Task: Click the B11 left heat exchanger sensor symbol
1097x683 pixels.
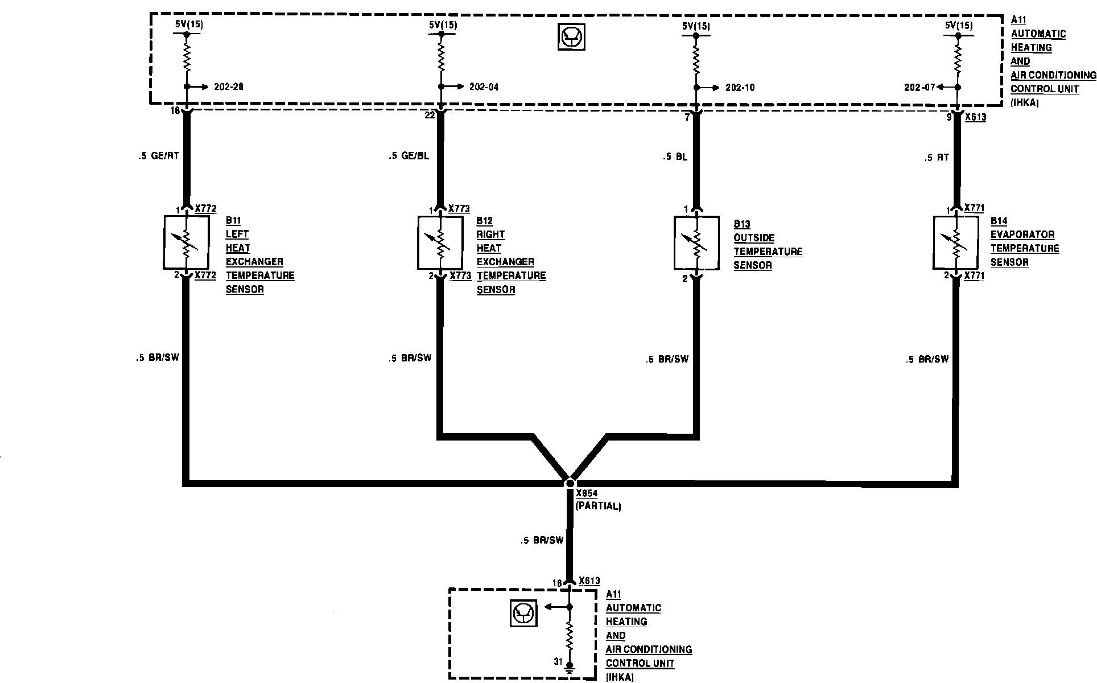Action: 185,242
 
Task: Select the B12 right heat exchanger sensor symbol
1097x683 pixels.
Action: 440,242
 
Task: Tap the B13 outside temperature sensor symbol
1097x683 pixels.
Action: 696,242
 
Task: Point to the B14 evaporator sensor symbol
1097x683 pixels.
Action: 956,242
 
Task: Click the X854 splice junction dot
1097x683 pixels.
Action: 570,483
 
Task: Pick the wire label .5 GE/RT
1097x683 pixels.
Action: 159,155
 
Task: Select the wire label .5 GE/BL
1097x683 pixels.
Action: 409,155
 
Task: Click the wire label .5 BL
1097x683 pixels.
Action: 675,157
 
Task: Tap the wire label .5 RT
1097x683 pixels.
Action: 937,158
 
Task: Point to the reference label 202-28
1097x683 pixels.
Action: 229,87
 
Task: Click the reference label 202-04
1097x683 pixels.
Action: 484,87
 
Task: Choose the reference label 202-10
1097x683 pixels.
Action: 740,88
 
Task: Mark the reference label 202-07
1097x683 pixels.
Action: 919,88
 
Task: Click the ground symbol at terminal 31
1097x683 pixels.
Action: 569,665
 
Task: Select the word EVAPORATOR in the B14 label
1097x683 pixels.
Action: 1022,234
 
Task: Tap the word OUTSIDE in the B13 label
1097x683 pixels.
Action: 754,238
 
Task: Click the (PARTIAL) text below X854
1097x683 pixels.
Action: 598,506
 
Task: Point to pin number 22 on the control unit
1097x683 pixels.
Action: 430,115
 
